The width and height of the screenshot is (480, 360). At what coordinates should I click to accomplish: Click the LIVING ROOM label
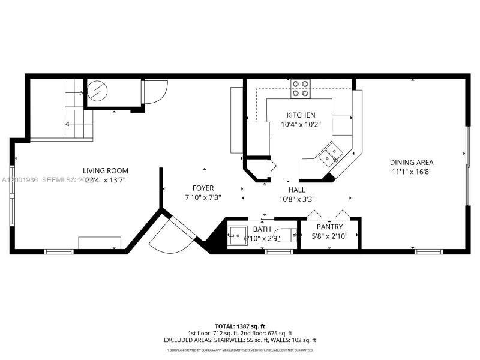coord(106,170)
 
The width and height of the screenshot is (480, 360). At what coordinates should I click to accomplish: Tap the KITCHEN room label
coord(301,115)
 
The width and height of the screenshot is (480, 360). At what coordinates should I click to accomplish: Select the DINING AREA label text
coord(412,162)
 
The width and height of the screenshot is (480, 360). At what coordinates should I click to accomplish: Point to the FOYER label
coord(203,188)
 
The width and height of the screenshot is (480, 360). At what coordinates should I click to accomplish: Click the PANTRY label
coord(330,227)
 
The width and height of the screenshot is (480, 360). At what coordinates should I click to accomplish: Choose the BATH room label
coord(262,229)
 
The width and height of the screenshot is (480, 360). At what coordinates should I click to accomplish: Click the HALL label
coord(297,190)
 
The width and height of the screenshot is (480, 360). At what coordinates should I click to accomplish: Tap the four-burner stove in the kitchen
coord(301,89)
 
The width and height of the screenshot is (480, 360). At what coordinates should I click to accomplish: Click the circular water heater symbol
coord(96,91)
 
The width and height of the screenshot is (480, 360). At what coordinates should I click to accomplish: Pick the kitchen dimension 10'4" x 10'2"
coord(301,125)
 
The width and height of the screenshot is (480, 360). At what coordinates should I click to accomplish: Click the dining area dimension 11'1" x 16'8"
coord(412,172)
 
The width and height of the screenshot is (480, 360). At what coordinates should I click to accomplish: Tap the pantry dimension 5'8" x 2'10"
coord(330,236)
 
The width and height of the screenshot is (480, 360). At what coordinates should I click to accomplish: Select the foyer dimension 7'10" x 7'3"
coord(203,197)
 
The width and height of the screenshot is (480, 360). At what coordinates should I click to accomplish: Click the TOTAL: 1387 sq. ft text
coord(240,326)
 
